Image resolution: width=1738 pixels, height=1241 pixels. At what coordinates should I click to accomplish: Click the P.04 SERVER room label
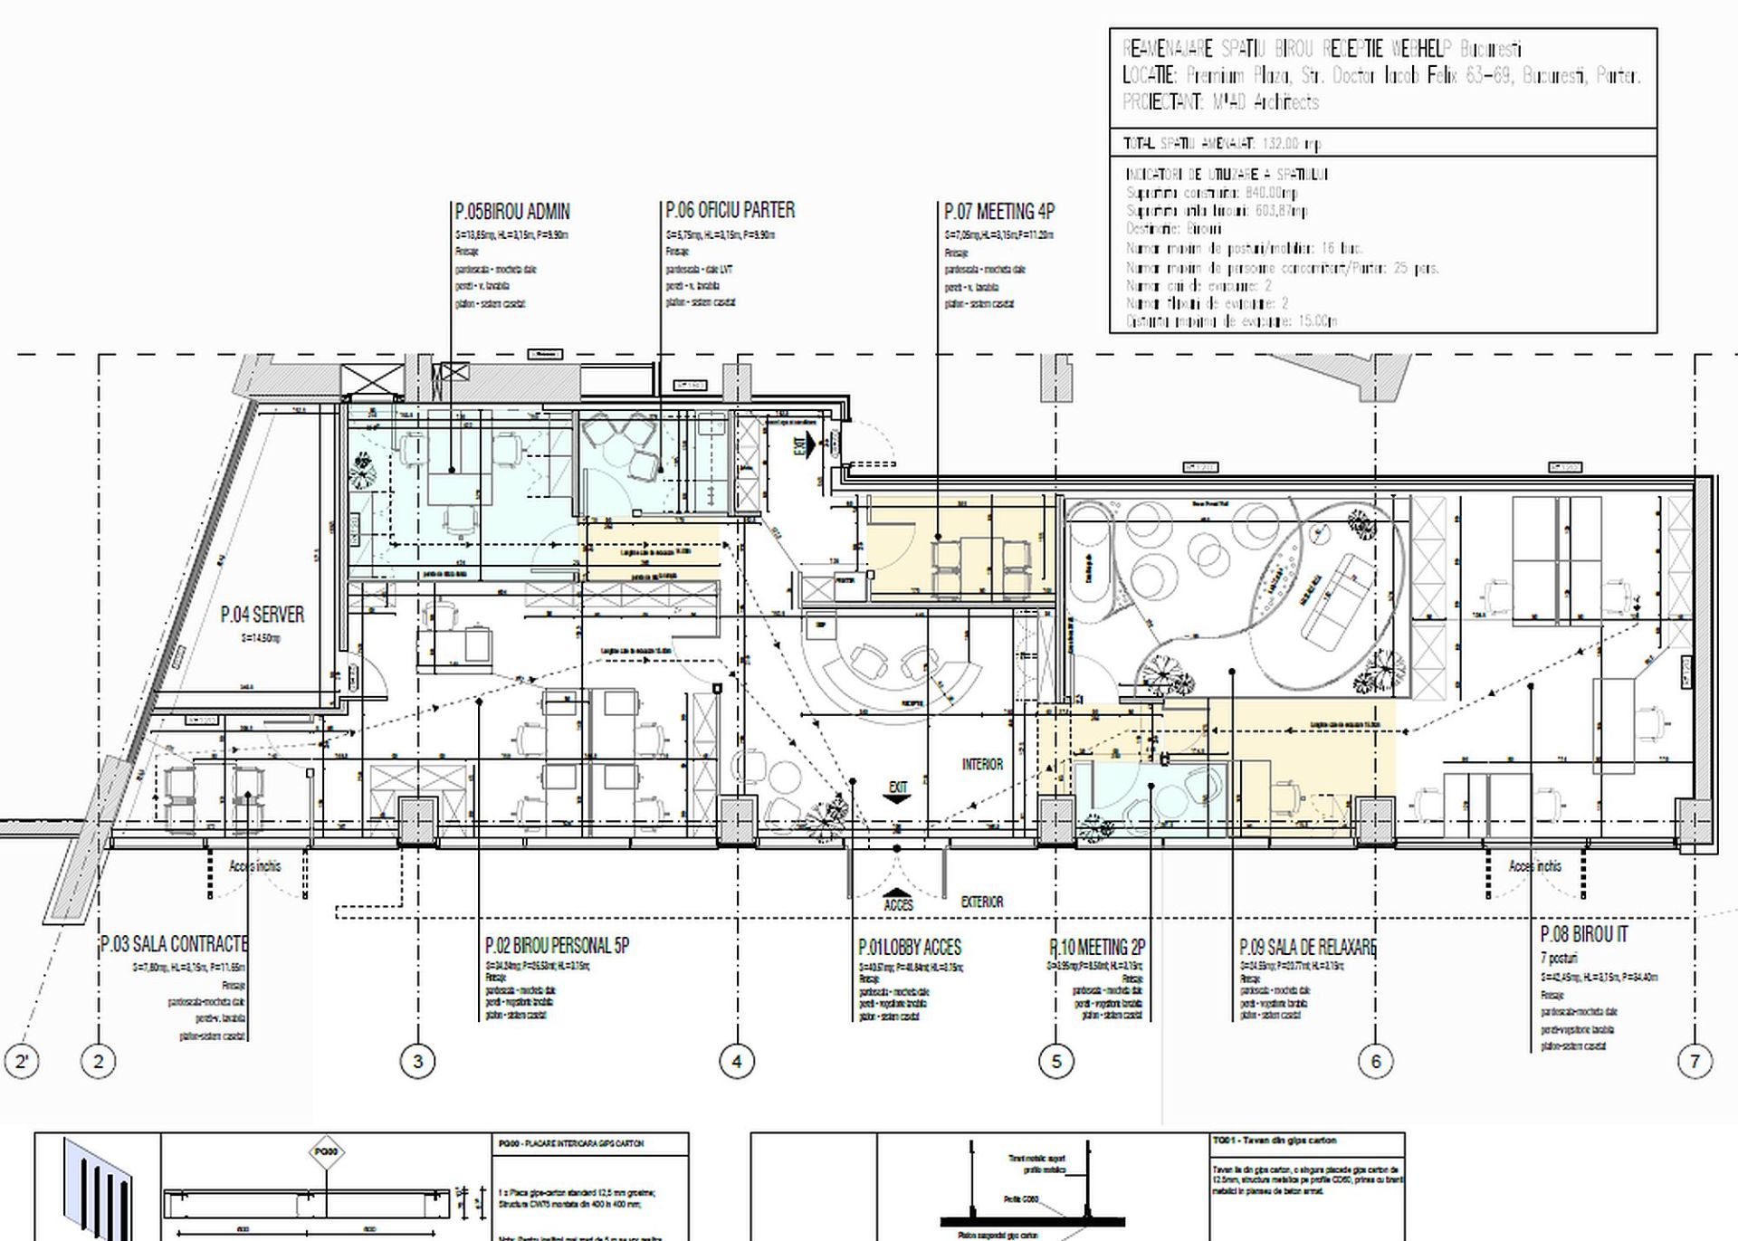point(263,616)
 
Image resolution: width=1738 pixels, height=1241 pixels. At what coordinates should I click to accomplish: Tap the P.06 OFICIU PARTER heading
point(730,211)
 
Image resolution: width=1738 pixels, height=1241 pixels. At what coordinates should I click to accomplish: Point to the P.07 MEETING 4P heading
point(998,212)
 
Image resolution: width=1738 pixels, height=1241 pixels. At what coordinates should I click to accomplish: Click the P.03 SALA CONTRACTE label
point(174,944)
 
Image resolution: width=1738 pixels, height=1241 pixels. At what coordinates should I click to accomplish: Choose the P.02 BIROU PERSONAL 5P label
point(557,946)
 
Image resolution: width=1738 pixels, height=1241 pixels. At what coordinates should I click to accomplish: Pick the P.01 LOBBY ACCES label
point(909,948)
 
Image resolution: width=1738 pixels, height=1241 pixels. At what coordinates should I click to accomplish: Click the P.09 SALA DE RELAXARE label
point(1307,948)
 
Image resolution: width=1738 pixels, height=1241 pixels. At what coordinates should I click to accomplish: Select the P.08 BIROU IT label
point(1583,934)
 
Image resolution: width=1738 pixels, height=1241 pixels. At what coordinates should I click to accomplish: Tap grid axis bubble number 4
point(736,1061)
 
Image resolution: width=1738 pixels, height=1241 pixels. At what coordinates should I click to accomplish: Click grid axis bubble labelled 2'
point(22,1061)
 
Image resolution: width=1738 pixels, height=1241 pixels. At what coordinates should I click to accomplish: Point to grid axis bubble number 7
point(1695,1061)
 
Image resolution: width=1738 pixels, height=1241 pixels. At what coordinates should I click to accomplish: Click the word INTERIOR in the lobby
point(982,765)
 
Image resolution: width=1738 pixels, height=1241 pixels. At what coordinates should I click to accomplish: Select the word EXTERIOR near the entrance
point(982,902)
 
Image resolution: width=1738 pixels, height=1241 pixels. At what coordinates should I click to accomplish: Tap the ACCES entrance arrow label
point(898,904)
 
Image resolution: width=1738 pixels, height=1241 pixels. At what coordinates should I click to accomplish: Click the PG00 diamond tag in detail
point(326,1153)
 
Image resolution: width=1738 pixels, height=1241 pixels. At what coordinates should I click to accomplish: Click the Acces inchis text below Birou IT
point(1534,866)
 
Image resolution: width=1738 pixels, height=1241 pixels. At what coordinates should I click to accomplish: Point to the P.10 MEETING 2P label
point(1097,948)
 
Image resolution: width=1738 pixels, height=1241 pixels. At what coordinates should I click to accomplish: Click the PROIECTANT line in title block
point(1220,102)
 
